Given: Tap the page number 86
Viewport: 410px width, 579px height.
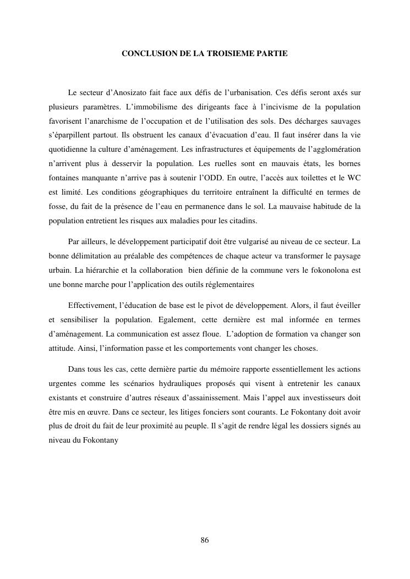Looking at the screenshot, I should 205,540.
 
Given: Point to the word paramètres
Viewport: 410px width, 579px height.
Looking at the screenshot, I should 95,106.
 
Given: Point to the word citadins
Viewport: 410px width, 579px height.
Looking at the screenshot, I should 251,220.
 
